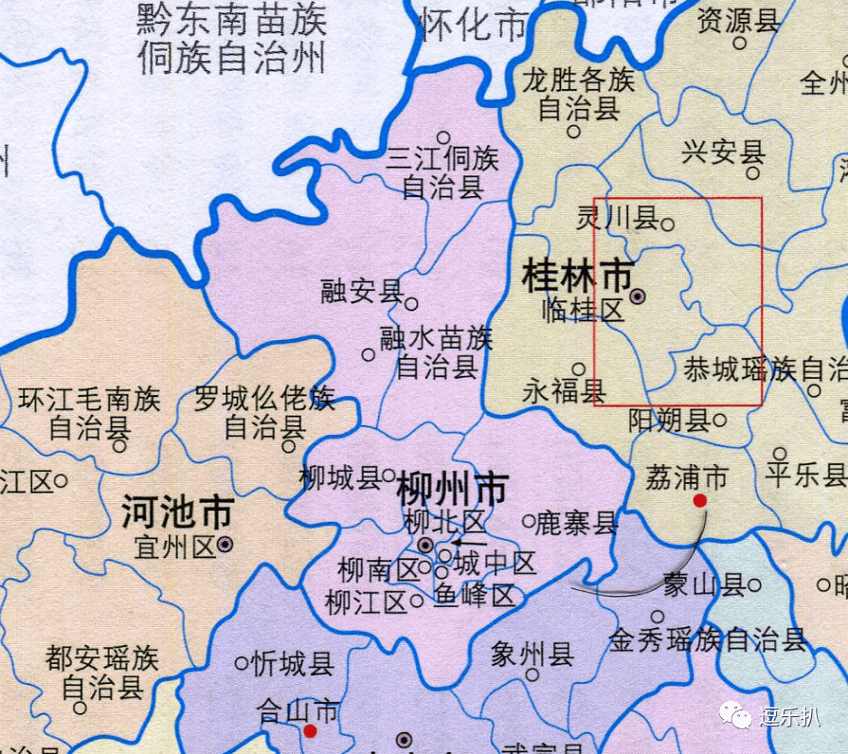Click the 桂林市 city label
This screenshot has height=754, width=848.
[x=577, y=277]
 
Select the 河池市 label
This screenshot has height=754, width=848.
[x=176, y=514]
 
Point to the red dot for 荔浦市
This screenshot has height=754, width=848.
[x=700, y=500]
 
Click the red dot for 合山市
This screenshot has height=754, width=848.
[x=310, y=730]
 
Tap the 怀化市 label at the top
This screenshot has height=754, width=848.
[x=472, y=25]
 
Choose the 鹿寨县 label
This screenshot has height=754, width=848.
[x=576, y=522]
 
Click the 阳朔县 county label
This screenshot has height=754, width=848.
[x=669, y=421]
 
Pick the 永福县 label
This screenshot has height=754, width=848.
[x=564, y=390]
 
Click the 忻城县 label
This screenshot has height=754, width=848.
[x=294, y=664]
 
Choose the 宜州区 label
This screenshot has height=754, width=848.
[x=176, y=547]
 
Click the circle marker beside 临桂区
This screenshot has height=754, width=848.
[x=638, y=296]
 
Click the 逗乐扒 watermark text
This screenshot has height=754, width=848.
[x=788, y=715]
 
